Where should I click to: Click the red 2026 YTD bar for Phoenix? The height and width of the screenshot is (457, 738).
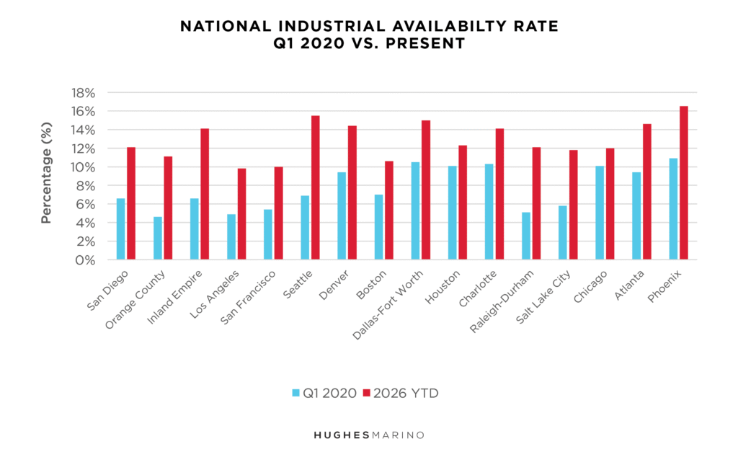[684, 183]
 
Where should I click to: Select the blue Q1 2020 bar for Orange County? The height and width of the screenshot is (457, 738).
[158, 238]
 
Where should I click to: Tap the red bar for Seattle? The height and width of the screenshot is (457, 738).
[316, 187]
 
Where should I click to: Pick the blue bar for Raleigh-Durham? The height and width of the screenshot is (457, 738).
[526, 236]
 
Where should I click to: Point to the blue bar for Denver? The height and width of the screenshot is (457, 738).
[342, 216]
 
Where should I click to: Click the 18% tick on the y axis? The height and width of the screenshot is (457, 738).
[81, 93]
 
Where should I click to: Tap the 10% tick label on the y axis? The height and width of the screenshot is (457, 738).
[81, 167]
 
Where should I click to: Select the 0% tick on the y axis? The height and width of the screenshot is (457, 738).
[85, 260]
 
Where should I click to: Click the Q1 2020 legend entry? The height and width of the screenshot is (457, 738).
[324, 393]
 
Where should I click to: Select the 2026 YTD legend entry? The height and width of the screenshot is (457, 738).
[404, 393]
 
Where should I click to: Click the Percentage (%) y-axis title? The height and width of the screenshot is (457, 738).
[46, 177]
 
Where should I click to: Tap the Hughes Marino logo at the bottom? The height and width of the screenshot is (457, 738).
[368, 435]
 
